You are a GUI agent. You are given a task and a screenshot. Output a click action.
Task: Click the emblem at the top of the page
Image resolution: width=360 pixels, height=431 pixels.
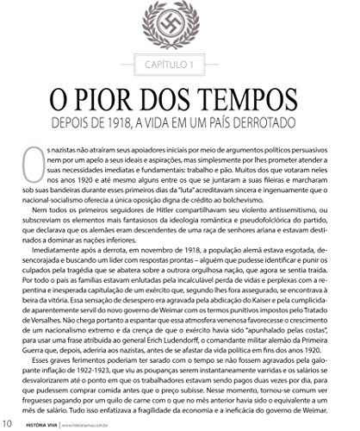(180, 24)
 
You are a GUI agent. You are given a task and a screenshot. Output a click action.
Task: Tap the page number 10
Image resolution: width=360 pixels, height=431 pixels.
(7, 422)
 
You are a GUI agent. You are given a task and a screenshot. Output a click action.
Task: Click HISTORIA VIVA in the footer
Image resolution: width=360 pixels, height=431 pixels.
(41, 423)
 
